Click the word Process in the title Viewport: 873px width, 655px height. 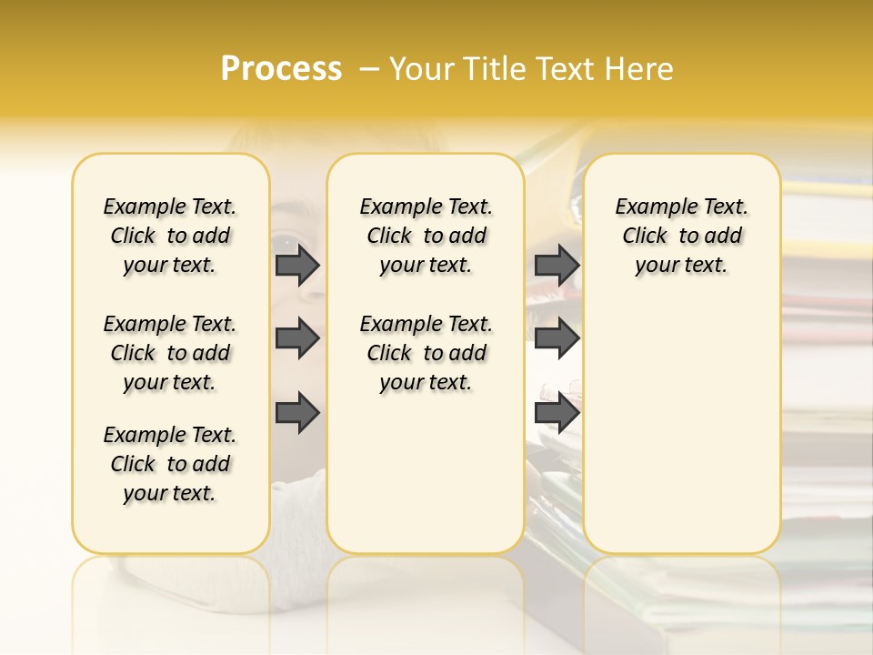point(281,69)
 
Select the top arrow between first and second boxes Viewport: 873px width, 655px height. point(297,265)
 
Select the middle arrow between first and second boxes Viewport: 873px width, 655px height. point(297,339)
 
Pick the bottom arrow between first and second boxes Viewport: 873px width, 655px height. point(297,413)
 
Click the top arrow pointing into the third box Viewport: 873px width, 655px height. point(557,265)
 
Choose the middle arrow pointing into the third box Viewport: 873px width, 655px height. point(557,339)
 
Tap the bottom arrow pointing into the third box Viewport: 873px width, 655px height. point(557,413)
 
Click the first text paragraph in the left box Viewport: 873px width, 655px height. point(170,236)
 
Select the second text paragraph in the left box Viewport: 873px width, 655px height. point(170,353)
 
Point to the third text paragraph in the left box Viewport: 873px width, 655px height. point(170,464)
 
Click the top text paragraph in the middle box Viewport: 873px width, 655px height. point(426,236)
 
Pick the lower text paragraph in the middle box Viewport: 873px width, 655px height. point(426,353)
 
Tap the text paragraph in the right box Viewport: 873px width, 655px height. point(682,236)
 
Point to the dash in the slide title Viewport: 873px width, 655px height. point(369,69)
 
